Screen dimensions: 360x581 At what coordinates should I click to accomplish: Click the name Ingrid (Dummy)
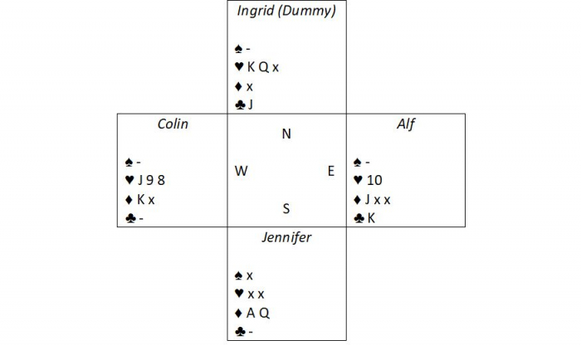point(286,11)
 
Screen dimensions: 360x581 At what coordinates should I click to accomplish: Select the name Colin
point(173,124)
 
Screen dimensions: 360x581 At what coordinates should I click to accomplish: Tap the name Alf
point(405,124)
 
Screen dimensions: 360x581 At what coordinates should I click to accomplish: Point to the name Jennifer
point(286,238)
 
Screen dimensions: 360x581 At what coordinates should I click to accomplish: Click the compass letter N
point(286,134)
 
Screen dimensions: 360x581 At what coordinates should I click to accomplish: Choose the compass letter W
point(241,171)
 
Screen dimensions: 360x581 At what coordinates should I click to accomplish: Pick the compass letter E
point(330,171)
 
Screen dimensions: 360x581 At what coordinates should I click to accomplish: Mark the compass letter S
point(286,208)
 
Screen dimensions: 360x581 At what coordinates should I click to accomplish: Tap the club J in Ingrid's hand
point(249,105)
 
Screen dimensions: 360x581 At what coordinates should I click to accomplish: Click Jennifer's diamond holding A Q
point(257,313)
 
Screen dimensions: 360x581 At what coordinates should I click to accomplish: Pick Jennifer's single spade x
point(249,275)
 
